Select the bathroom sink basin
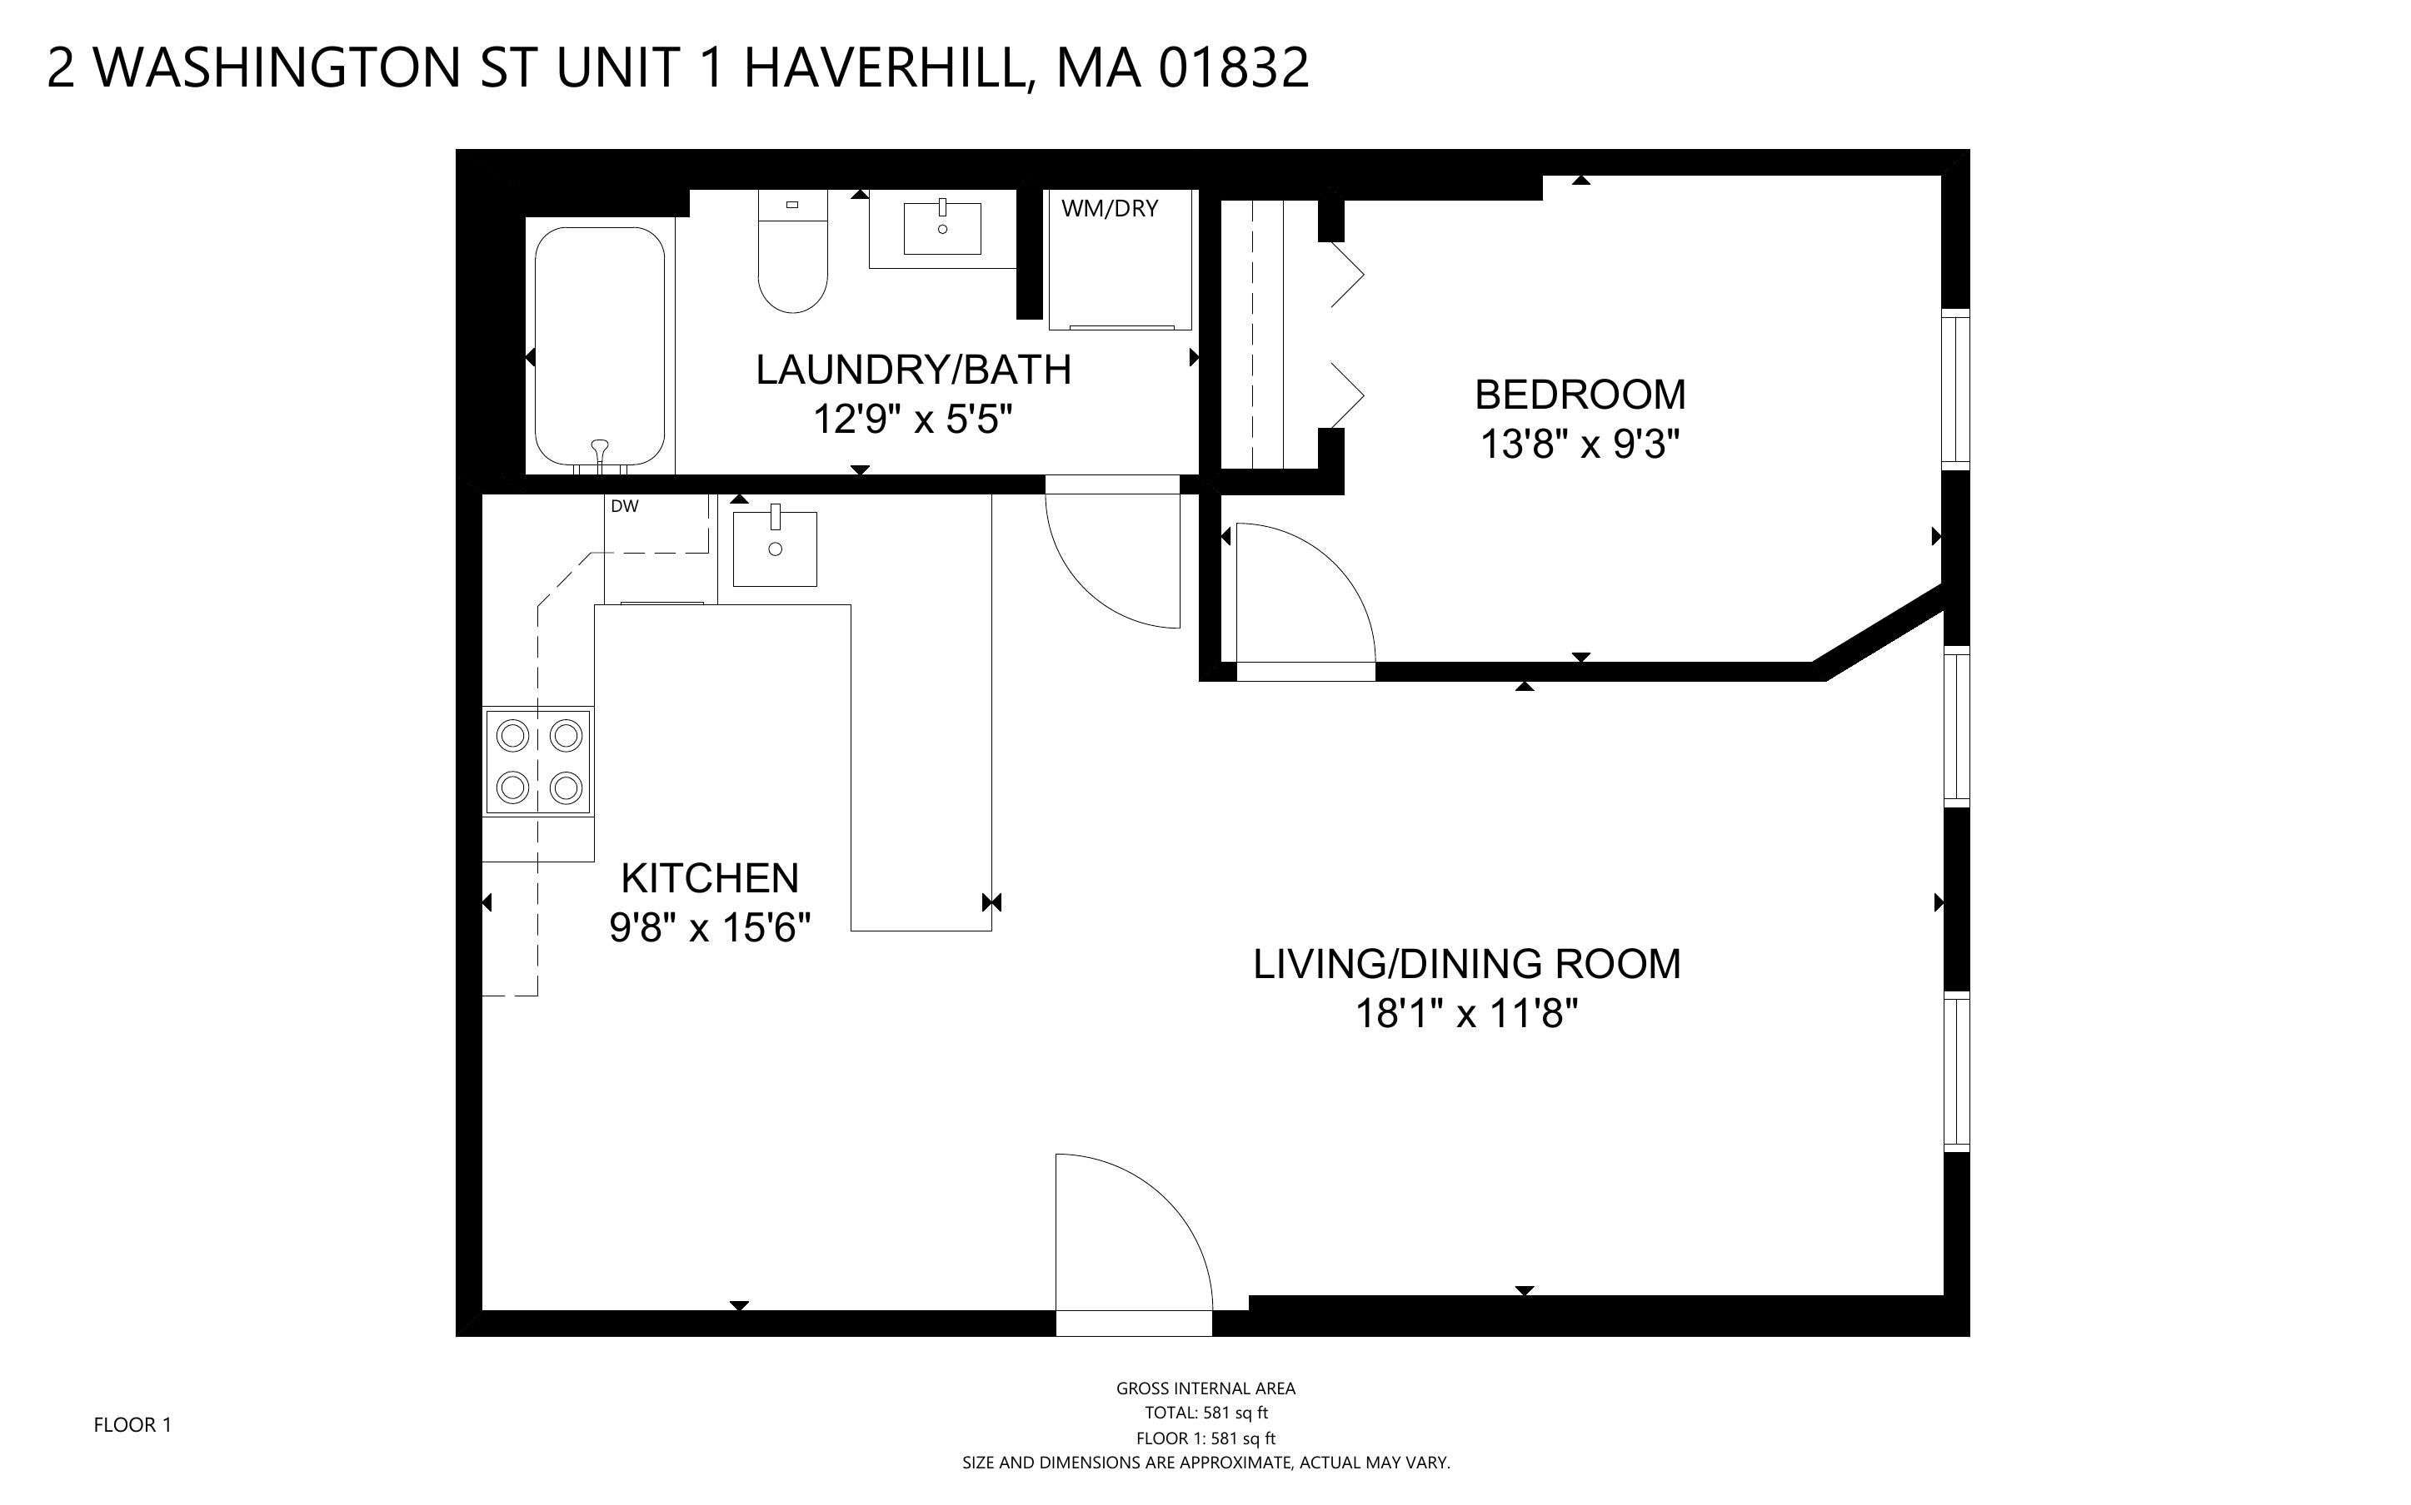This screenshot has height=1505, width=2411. (x=942, y=228)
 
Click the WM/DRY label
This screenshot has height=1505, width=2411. (x=1110, y=209)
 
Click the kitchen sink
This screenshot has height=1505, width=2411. (x=775, y=549)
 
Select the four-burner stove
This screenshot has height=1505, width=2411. (x=538, y=762)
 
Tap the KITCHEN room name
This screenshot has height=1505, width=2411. (x=710, y=878)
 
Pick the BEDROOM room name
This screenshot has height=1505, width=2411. (x=1580, y=395)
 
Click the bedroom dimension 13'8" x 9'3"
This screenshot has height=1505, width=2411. (x=1580, y=444)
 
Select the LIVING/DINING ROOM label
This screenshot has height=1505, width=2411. (x=1466, y=964)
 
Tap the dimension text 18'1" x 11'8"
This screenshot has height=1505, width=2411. (x=1466, y=1014)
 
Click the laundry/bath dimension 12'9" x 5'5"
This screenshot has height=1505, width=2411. (x=912, y=419)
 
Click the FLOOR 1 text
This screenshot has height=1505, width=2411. (x=132, y=1424)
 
